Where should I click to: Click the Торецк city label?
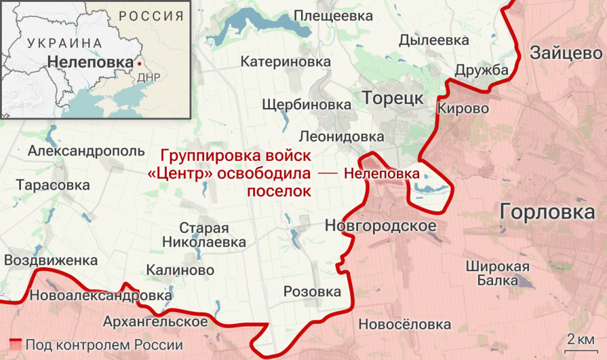click(393, 98)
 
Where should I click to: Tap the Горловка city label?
click(547, 212)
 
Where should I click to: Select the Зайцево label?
click(566, 53)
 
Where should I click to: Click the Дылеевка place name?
click(434, 40)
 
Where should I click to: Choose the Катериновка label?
click(286, 61)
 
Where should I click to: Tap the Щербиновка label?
click(306, 104)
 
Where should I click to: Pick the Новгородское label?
click(379, 226)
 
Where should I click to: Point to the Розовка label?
click(312, 292)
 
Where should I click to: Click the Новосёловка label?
click(404, 325)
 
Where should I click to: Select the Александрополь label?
click(86, 151)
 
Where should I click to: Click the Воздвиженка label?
click(50, 260)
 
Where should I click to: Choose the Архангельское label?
click(155, 321)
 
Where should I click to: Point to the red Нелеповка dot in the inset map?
click(139, 62)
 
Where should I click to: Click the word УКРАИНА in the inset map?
click(64, 43)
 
